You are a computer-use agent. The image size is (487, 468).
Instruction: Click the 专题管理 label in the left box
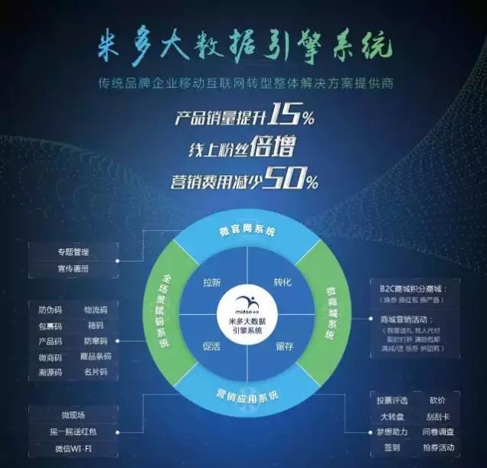73,252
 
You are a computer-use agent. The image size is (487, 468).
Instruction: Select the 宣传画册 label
73,269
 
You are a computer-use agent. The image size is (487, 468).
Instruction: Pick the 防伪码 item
51,310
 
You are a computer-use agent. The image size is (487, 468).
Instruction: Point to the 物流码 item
96,310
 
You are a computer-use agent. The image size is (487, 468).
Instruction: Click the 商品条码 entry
96,356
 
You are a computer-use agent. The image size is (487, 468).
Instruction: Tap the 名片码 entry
96,372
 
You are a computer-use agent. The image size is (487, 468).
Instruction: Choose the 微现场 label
73,414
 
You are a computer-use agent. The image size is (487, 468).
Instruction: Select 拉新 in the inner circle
212,283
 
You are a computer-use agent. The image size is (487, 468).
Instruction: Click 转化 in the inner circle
283,283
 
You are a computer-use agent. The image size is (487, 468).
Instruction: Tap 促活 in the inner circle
212,345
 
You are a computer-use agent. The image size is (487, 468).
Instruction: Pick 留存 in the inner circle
284,345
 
